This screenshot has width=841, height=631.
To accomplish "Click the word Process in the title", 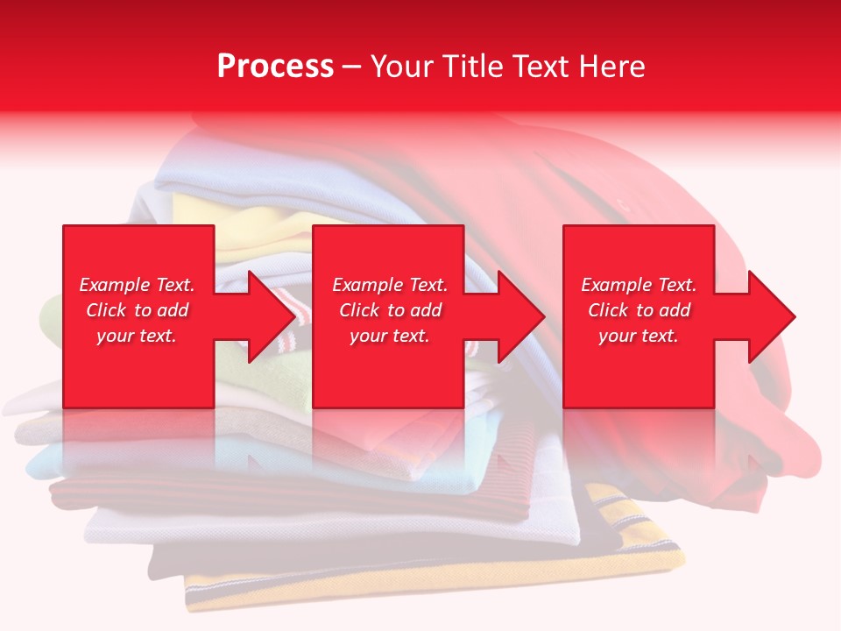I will tap(275, 67).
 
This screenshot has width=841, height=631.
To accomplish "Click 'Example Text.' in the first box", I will tap(137, 285).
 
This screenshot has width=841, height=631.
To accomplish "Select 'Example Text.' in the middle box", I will tap(389, 285).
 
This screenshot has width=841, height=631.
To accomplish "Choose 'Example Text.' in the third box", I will tap(639, 285).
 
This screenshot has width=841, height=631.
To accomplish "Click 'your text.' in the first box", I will tap(137, 336).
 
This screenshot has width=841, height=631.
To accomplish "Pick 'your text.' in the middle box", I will tap(389, 336).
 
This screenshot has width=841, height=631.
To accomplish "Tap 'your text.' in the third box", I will tap(639, 336).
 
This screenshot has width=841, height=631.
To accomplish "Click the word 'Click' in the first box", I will tap(107, 310).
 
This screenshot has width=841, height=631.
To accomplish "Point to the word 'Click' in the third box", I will tap(609, 310).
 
